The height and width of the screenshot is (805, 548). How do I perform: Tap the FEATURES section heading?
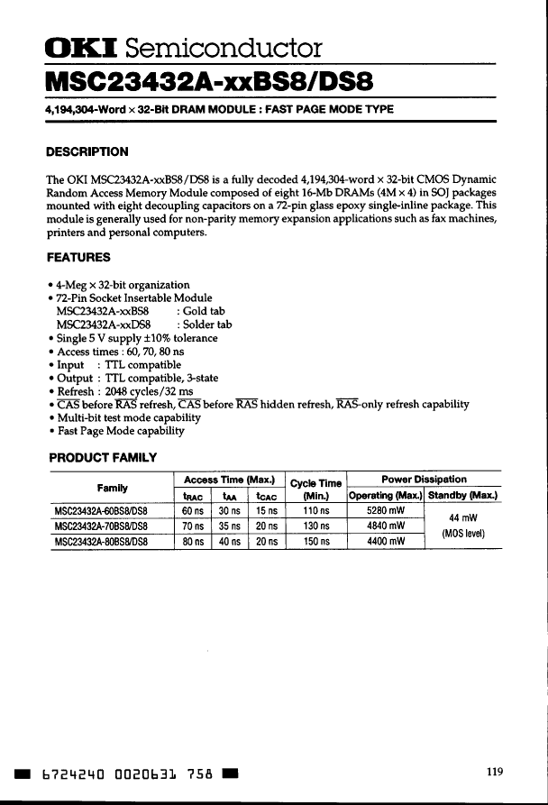tap(78, 257)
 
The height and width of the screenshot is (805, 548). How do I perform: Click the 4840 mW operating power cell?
tap(384, 526)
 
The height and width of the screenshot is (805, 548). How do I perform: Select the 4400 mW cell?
tap(384, 542)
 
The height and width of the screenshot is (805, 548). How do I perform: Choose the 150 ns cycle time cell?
tap(315, 542)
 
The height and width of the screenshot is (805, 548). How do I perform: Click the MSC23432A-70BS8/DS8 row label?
tap(101, 526)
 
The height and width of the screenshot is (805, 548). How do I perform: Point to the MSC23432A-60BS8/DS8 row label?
tap(101, 511)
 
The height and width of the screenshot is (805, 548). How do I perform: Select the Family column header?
tap(112, 488)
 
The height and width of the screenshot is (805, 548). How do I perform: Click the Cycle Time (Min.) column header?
tap(315, 489)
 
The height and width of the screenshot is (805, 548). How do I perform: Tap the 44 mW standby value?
tap(463, 518)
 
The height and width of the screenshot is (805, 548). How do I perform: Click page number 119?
tap(494, 771)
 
